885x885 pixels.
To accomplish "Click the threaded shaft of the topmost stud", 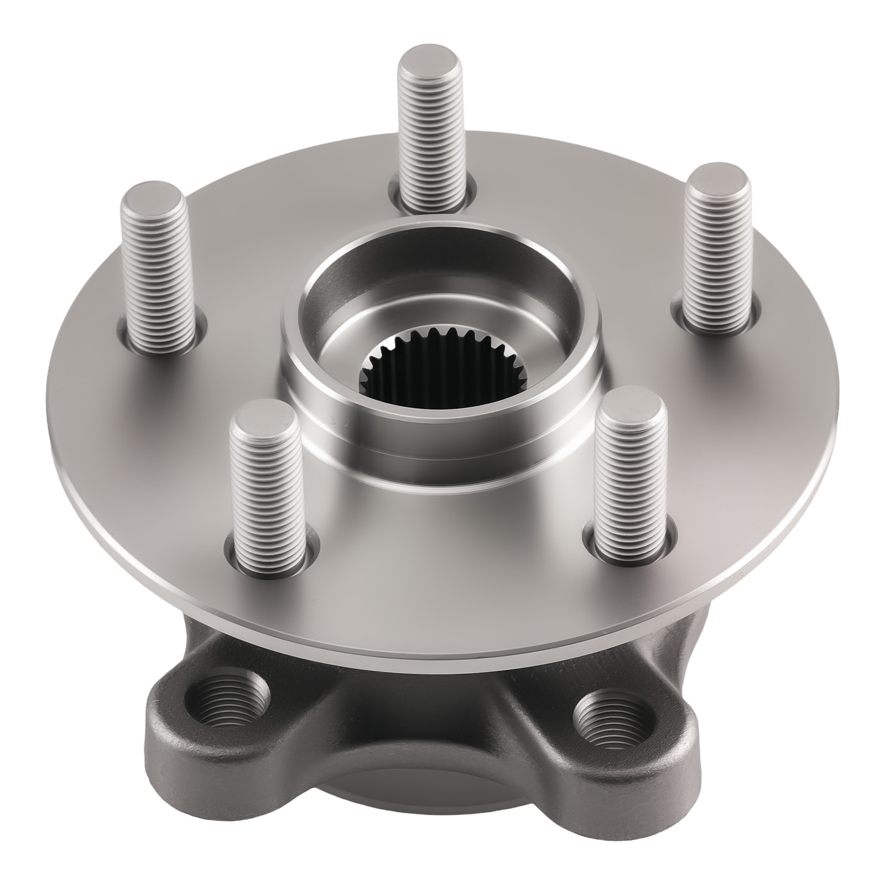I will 430,144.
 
